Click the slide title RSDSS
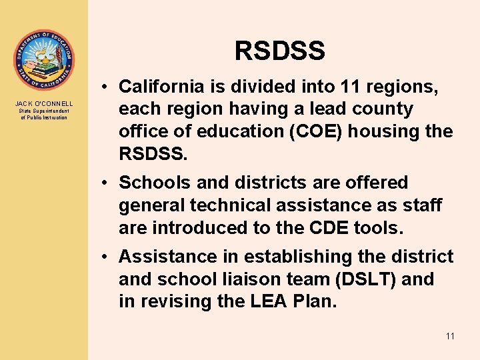[279, 51]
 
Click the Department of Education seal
[44, 60]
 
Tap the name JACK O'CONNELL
[44, 104]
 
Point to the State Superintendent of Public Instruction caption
[44, 114]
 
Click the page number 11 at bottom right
[449, 336]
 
